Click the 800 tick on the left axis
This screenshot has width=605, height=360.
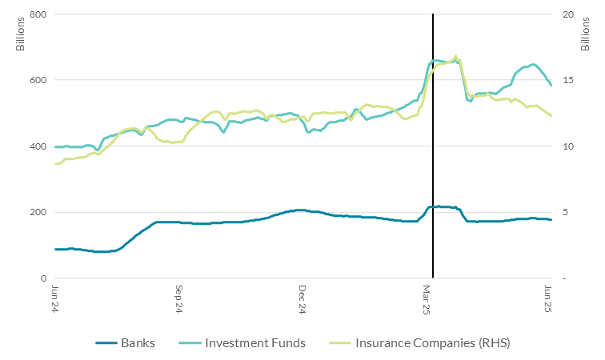click(x=37, y=14)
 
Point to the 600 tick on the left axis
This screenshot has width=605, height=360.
click(x=37, y=80)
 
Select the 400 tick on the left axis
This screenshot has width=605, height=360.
click(x=37, y=146)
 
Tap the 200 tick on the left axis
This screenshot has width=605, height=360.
click(x=37, y=212)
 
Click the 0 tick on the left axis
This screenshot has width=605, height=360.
click(x=42, y=278)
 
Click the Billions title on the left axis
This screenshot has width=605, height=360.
click(x=22, y=32)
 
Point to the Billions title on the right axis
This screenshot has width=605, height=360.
click(x=587, y=32)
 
